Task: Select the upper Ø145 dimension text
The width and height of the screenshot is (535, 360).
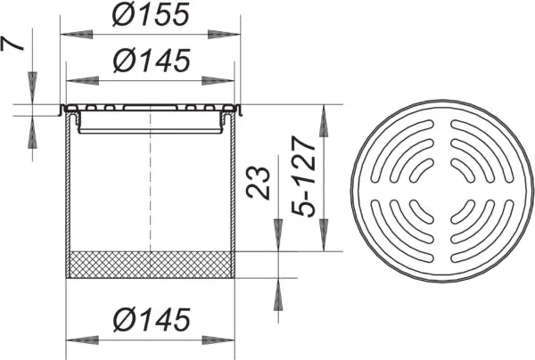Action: click(151, 61)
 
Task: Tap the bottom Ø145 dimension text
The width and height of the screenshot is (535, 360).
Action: click(151, 317)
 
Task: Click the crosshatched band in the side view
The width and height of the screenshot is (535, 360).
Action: click(151, 265)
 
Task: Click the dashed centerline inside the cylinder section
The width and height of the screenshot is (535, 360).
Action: click(151, 196)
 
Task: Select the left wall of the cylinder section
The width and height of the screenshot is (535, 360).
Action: click(69, 196)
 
